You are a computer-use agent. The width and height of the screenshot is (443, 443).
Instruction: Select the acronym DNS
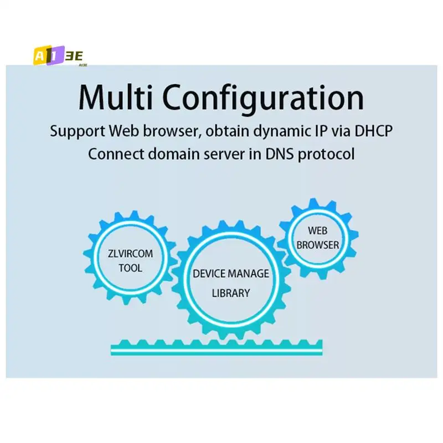coord(278,154)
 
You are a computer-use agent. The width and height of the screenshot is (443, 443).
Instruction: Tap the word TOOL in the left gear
coord(130,268)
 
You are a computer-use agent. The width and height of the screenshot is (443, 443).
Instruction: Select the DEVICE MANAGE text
coord(230,274)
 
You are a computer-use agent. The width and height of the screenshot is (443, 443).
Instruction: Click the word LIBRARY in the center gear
coord(230,293)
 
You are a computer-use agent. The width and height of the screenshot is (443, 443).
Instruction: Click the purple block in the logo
coord(56,56)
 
